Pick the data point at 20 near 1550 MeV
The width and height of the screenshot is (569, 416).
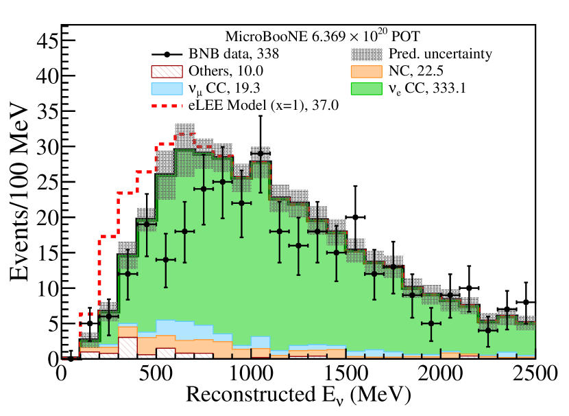355,217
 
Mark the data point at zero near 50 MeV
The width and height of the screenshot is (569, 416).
71,358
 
